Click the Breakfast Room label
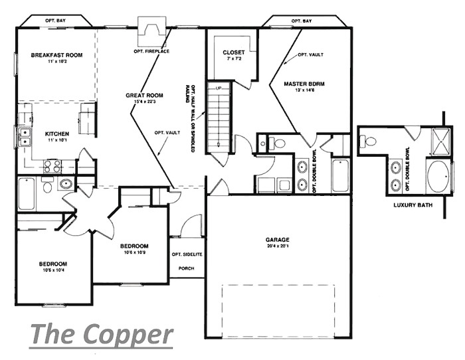click(56, 54)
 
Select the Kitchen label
click(56, 133)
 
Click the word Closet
click(233, 52)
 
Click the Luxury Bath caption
click(413, 205)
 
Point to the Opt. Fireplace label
click(151, 51)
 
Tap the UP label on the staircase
click(218, 88)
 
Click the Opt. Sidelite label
click(186, 254)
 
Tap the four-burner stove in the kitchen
click(52, 166)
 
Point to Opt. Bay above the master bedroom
click(302, 21)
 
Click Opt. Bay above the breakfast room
click(58, 21)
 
